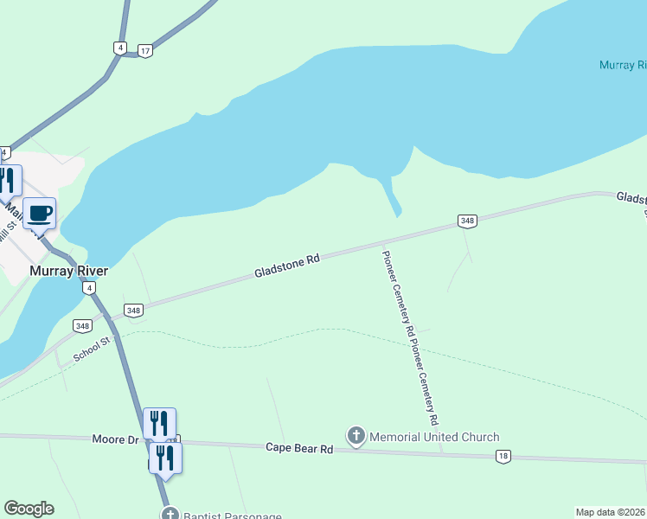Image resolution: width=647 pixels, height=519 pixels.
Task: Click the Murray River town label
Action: click(x=68, y=271)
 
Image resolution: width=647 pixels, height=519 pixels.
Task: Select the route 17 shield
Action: click(x=145, y=51)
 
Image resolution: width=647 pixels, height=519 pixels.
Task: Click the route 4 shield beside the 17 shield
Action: click(x=119, y=48)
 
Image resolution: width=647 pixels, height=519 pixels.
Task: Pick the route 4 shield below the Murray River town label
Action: click(x=89, y=289)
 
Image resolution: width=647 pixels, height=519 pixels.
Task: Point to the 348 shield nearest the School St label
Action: click(x=82, y=326)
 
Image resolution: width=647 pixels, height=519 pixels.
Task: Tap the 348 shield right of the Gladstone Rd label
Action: click(x=468, y=221)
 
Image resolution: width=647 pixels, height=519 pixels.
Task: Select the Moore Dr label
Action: click(x=115, y=439)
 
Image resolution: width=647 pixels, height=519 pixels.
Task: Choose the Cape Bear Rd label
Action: click(x=299, y=448)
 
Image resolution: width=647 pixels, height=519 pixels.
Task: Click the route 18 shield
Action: click(x=503, y=456)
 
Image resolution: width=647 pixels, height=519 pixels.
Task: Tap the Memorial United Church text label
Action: click(x=434, y=437)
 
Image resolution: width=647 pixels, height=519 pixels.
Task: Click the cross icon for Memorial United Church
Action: click(x=356, y=437)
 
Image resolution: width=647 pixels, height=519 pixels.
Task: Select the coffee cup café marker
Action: click(x=40, y=213)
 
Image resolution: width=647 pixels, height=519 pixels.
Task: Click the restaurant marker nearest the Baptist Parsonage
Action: click(x=165, y=458)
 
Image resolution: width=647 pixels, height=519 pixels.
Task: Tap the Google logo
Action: click(x=29, y=509)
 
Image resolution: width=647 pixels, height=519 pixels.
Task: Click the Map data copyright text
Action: click(x=611, y=512)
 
